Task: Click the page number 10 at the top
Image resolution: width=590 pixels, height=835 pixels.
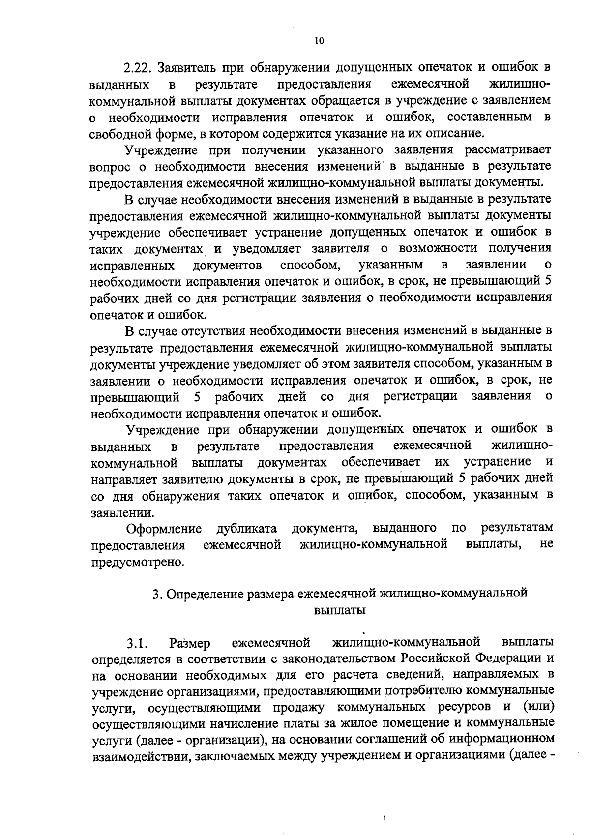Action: (319, 41)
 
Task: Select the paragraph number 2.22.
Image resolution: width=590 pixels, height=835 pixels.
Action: (139, 67)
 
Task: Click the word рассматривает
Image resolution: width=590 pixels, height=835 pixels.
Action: (509, 149)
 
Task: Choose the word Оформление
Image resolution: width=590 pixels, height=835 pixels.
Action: (164, 529)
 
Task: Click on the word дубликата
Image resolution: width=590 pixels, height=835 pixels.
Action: (246, 529)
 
